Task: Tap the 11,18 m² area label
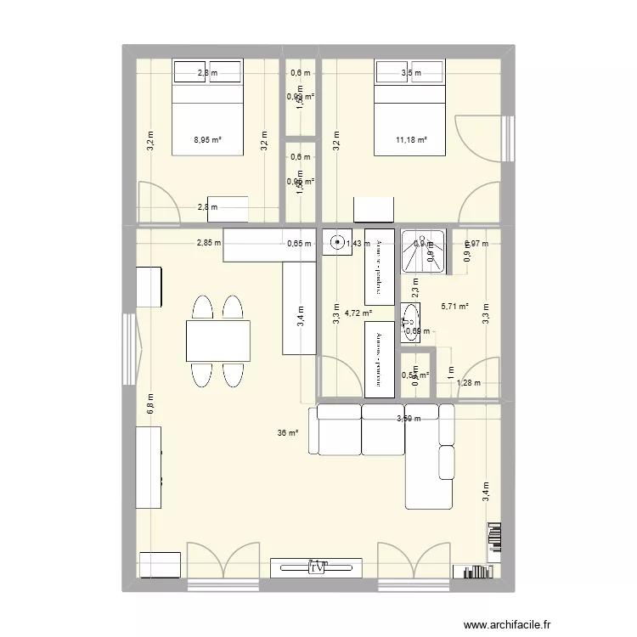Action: pyautogui.click(x=410, y=141)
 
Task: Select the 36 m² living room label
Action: pyautogui.click(x=288, y=433)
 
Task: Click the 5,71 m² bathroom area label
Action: pyautogui.click(x=455, y=307)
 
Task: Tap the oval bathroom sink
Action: pyautogui.click(x=409, y=323)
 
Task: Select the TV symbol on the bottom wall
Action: pyautogui.click(x=317, y=567)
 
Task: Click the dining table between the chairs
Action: pyautogui.click(x=218, y=341)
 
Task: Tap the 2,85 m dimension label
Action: pyautogui.click(x=208, y=244)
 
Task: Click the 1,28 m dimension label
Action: pyautogui.click(x=469, y=383)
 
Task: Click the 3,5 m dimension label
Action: pyautogui.click(x=410, y=73)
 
